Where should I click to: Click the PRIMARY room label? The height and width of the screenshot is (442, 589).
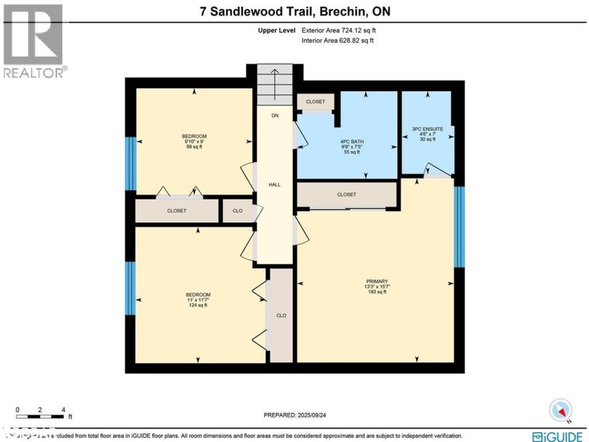tap(376, 281)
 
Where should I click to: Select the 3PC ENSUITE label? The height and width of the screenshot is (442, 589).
tap(428, 129)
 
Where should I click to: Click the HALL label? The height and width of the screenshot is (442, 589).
tap(274, 185)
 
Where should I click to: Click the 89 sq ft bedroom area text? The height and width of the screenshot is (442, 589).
tap(195, 147)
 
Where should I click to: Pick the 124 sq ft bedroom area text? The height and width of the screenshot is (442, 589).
tap(197, 305)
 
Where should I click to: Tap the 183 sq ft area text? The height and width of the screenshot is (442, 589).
tap(376, 292)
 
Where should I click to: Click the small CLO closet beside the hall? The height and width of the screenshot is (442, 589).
tap(237, 211)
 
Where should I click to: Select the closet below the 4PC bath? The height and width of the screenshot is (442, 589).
tap(346, 194)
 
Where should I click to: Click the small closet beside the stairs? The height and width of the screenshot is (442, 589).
tap(315, 101)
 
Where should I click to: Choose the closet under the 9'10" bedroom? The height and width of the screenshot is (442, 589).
tap(176, 211)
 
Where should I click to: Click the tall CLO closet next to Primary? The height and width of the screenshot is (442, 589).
tap(281, 315)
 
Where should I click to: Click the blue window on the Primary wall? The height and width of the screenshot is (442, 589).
tap(459, 226)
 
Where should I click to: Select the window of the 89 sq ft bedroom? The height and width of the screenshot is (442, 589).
tap(130, 163)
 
